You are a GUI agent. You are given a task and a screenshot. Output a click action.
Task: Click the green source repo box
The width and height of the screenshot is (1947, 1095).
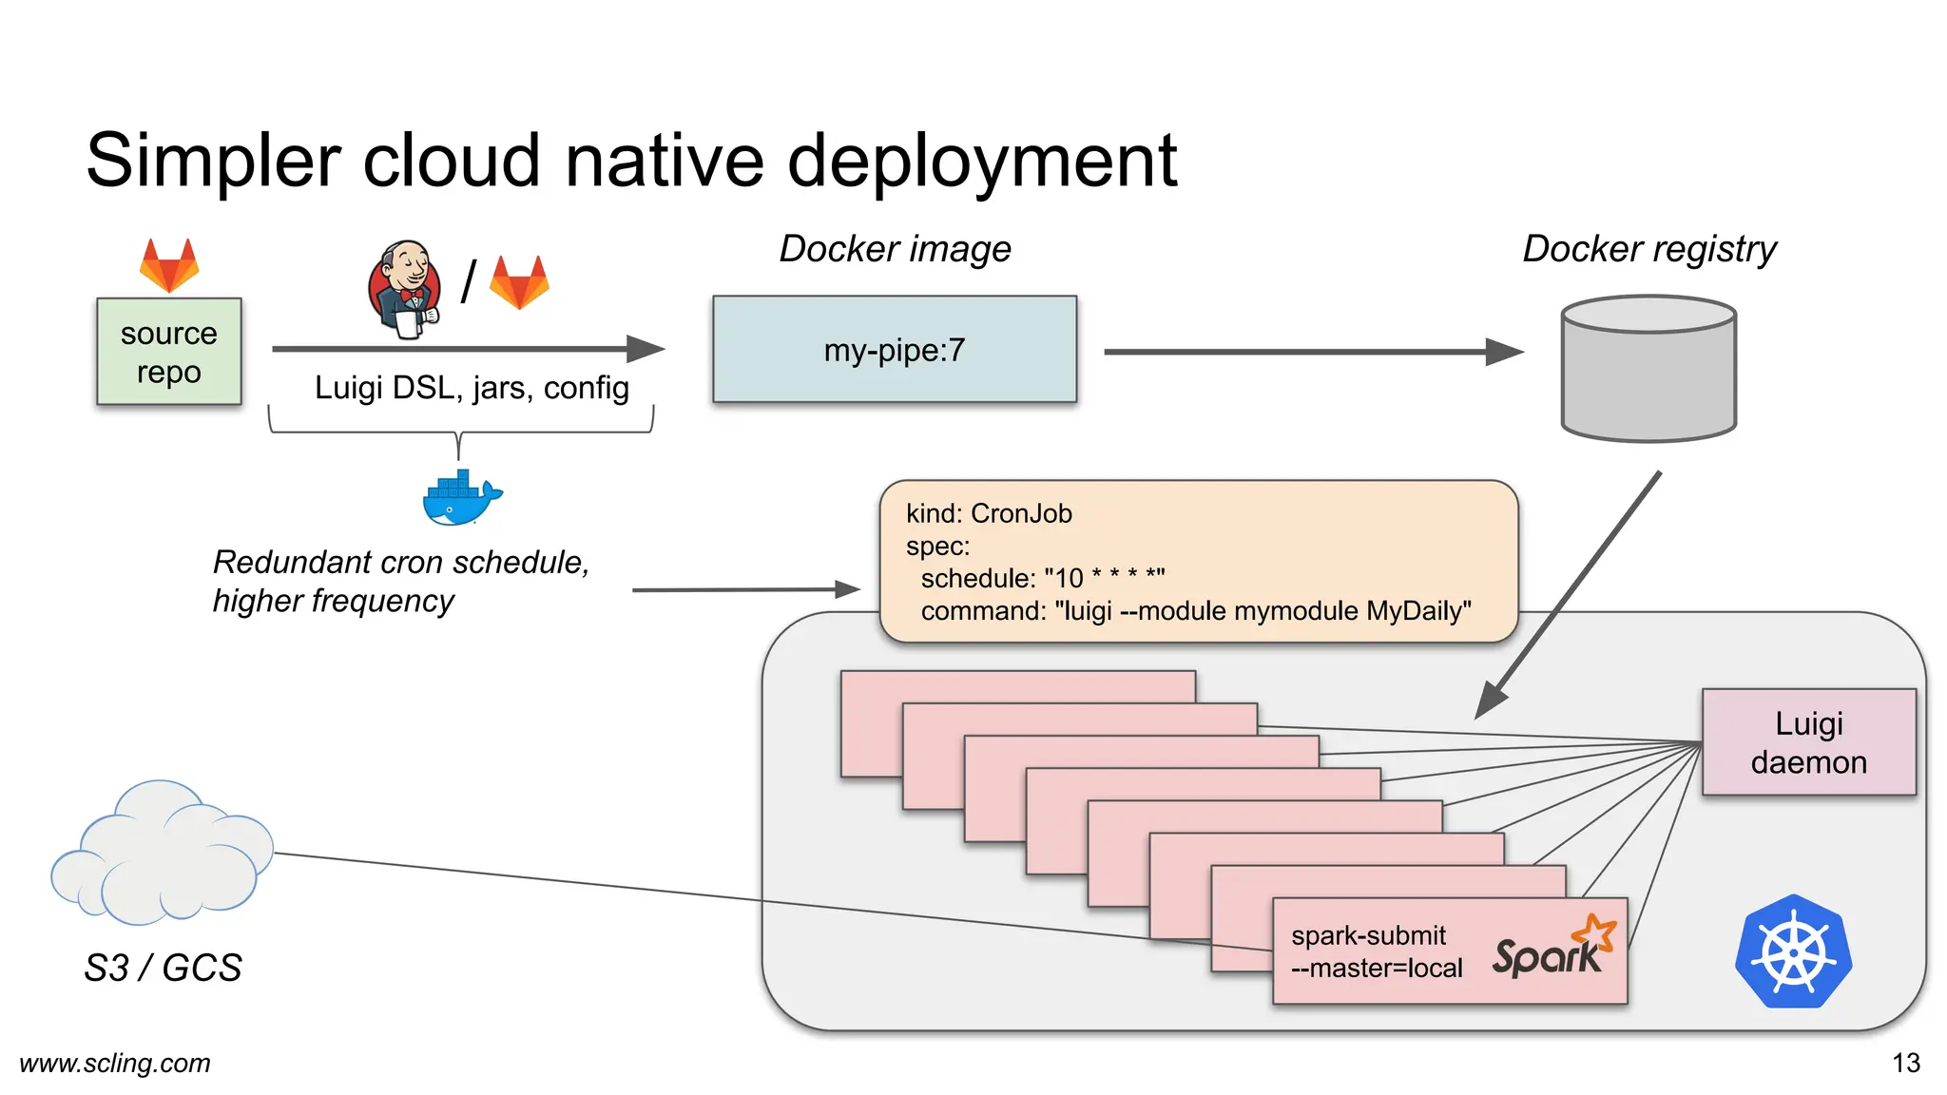(168, 352)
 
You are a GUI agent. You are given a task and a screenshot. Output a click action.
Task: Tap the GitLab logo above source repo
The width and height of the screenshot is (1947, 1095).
(169, 265)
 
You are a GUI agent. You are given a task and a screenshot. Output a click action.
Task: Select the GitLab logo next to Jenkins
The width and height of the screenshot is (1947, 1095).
(519, 282)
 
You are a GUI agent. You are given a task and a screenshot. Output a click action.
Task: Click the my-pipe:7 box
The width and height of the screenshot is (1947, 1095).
(894, 350)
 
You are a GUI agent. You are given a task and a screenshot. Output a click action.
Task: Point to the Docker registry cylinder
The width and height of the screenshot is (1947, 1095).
(1648, 369)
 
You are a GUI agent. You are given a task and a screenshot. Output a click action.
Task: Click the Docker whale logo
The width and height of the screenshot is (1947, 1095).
(461, 497)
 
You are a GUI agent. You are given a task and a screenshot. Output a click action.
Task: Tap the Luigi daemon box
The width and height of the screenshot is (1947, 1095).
(1808, 742)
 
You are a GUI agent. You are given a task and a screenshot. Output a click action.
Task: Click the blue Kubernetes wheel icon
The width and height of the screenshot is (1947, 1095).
(1793, 951)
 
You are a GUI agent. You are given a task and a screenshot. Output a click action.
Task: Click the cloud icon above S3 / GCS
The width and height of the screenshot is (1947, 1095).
(162, 855)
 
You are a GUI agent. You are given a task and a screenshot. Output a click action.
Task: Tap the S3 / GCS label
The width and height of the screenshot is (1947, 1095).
(163, 968)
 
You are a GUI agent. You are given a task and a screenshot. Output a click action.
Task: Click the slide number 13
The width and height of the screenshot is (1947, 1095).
(1905, 1063)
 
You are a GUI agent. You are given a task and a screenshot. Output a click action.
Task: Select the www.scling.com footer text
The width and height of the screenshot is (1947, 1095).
(115, 1063)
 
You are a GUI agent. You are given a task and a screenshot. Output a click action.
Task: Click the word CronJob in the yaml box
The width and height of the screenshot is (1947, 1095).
(1021, 514)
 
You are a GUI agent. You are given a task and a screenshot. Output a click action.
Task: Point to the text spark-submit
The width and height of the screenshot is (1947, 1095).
(1367, 935)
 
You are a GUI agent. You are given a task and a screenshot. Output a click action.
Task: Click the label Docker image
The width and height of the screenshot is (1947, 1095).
(895, 249)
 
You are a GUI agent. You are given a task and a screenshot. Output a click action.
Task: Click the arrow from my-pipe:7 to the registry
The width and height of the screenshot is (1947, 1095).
(1312, 352)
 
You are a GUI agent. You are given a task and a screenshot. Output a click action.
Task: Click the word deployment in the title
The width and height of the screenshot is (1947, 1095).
(982, 162)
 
